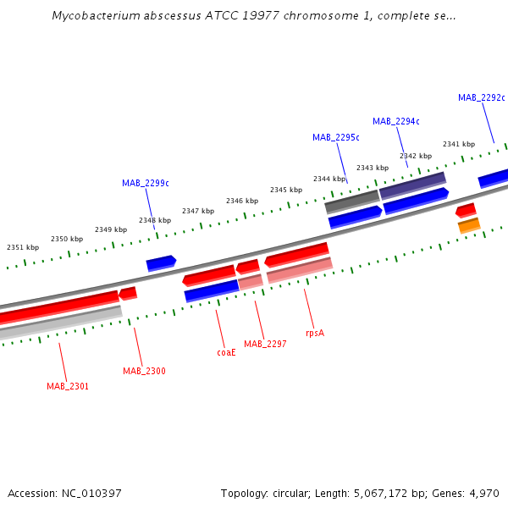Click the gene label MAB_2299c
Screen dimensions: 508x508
tap(145, 183)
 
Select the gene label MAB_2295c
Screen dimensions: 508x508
tap(335, 137)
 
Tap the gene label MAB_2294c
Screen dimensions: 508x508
tap(395, 121)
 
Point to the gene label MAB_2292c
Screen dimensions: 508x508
tap(481, 97)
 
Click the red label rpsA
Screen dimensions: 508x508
tap(314, 333)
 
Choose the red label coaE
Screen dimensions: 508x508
tap(226, 352)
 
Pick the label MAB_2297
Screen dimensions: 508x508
tap(265, 344)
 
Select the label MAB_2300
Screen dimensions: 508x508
tap(144, 371)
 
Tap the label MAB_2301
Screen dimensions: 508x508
tap(68, 386)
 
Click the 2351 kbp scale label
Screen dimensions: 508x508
tap(23, 247)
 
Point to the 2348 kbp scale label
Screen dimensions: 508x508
tap(155, 220)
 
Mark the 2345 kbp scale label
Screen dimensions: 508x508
tap(286, 190)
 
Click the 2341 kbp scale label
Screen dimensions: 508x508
tap(458, 144)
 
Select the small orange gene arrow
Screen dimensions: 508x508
tap(469, 225)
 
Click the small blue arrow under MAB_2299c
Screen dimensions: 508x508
tap(161, 263)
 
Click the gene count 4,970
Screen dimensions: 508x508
tap(483, 493)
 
